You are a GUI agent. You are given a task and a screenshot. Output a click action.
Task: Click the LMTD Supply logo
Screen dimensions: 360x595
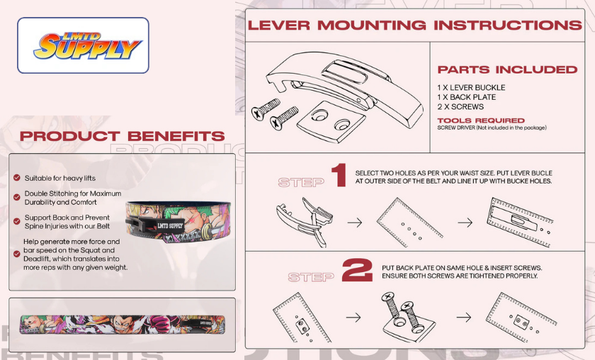pyautogui.click(x=83, y=45)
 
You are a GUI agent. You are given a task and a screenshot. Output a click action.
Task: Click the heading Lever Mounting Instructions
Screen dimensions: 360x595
pyautogui.click(x=414, y=26)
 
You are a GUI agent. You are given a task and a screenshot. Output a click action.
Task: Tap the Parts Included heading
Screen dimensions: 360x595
pyautogui.click(x=507, y=69)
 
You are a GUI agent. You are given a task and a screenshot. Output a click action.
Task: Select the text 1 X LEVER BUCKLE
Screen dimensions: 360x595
pyautogui.click(x=471, y=88)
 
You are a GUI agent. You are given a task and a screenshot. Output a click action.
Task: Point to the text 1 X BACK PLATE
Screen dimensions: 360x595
pyautogui.click(x=466, y=97)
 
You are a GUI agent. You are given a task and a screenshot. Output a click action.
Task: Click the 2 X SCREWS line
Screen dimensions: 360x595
pyautogui.click(x=460, y=107)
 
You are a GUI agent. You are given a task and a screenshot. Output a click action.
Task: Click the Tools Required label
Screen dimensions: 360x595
pyautogui.click(x=481, y=120)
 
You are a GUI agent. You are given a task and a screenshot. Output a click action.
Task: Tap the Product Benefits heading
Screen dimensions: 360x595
pyautogui.click(x=123, y=136)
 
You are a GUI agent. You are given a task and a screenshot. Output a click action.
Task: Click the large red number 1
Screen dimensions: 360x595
pyautogui.click(x=339, y=176)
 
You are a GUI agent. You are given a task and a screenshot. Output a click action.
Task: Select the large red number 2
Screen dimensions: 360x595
pyautogui.click(x=357, y=271)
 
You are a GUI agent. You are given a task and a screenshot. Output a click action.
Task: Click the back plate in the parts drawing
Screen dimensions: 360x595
pyautogui.click(x=325, y=120)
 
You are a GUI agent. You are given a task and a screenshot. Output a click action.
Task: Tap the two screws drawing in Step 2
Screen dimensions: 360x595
pyautogui.click(x=397, y=313)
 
